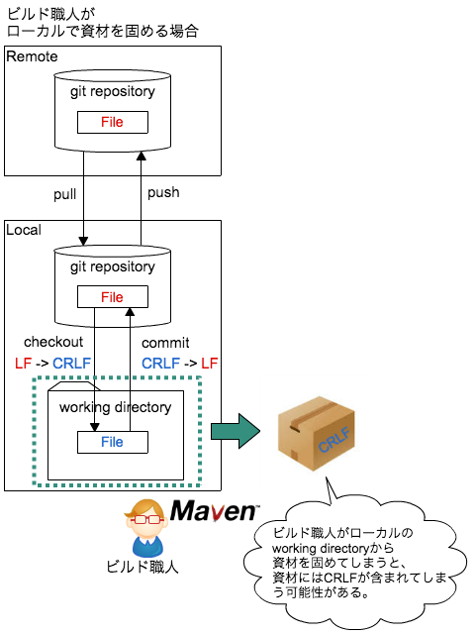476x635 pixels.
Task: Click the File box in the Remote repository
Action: [112, 122]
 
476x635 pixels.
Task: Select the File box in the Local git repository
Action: [112, 297]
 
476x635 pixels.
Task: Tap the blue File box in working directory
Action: [112, 442]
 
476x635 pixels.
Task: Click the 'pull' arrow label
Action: [66, 192]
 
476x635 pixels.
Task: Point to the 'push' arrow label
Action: [163, 192]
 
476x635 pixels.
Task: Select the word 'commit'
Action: [165, 343]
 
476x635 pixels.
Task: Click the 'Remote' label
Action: [32, 56]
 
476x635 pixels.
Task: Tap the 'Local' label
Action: [25, 230]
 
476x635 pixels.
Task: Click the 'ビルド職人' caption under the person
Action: [143, 568]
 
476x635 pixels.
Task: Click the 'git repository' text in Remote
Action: [112, 92]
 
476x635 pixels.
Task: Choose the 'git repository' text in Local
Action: [112, 267]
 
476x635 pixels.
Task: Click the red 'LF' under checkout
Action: [23, 363]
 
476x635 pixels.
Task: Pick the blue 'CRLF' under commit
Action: [160, 363]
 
